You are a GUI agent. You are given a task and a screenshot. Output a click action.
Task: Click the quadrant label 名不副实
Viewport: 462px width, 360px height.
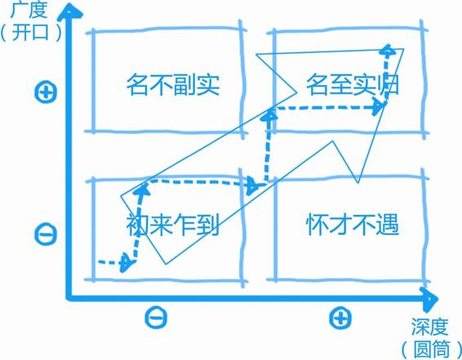point(173,85)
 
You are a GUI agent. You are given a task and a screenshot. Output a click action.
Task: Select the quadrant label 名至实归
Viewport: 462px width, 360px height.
point(353,85)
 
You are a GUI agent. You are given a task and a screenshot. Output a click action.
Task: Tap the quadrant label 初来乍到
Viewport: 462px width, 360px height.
point(173,224)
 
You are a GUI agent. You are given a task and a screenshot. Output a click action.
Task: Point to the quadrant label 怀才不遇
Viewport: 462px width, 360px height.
point(353,224)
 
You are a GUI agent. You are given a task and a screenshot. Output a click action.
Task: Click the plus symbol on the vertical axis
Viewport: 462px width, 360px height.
point(46,92)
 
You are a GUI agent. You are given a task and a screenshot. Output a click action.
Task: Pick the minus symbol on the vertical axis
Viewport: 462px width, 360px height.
point(46,235)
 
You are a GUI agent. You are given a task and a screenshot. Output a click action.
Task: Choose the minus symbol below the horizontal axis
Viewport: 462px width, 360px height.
point(156,318)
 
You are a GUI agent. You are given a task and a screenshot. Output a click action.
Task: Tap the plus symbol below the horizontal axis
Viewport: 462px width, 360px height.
point(340,318)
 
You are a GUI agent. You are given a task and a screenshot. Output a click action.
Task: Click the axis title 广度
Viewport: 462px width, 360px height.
point(29,10)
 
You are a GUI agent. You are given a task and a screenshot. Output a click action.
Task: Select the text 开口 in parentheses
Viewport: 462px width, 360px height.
point(30,32)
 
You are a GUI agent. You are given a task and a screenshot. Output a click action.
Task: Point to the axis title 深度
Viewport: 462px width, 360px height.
point(430,327)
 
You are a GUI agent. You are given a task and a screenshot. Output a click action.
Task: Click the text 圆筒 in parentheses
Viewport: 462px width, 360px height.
point(432,349)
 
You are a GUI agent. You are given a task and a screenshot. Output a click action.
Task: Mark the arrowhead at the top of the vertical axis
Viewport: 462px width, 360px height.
point(69,12)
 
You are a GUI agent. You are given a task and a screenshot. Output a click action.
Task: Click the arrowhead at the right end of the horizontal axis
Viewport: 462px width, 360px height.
point(429,299)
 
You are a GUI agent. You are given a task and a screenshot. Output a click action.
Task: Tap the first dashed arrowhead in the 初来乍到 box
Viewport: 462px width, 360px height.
point(126,263)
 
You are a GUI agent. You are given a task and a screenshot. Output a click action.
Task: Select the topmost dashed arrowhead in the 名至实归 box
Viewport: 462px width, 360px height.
point(388,49)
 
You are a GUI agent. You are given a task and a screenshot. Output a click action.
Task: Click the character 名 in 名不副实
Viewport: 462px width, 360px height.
point(137,85)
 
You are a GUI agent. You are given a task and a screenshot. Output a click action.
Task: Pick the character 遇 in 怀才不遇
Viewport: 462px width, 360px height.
point(389,224)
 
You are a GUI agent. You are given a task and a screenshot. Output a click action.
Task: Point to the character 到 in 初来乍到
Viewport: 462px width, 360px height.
point(208,224)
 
